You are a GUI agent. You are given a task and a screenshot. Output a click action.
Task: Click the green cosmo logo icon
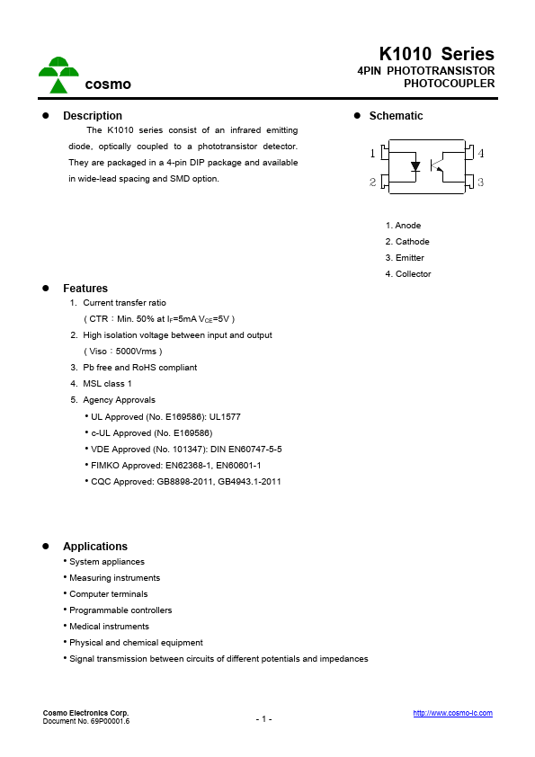pyautogui.click(x=58, y=76)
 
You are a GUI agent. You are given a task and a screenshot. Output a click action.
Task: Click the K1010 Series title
pyautogui.click(x=436, y=54)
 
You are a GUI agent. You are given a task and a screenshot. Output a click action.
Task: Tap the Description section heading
pyautogui.click(x=92, y=116)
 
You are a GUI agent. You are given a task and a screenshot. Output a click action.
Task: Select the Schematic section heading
pyautogui.click(x=396, y=116)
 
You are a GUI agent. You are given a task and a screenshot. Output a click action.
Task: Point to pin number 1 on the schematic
pyautogui.click(x=373, y=154)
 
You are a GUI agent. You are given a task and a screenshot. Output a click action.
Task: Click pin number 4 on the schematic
pyautogui.click(x=481, y=154)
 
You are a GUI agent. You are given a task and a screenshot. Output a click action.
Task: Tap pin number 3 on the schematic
pyautogui.click(x=481, y=183)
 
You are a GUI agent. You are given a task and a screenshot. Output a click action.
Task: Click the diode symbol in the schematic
pyautogui.click(x=415, y=166)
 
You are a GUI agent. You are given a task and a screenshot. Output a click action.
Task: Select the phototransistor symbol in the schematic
pyautogui.click(x=437, y=166)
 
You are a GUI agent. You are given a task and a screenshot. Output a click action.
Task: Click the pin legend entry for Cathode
pyautogui.click(x=407, y=242)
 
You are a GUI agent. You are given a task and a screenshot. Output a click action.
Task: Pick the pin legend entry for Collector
pyautogui.click(x=408, y=274)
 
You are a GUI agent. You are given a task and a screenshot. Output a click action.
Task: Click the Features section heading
pyautogui.click(x=85, y=289)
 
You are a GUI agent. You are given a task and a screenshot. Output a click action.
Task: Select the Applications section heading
pyautogui.click(x=95, y=547)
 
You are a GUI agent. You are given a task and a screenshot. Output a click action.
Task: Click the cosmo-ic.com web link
pyautogui.click(x=452, y=713)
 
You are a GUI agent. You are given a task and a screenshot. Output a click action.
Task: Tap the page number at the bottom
pyautogui.click(x=263, y=719)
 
